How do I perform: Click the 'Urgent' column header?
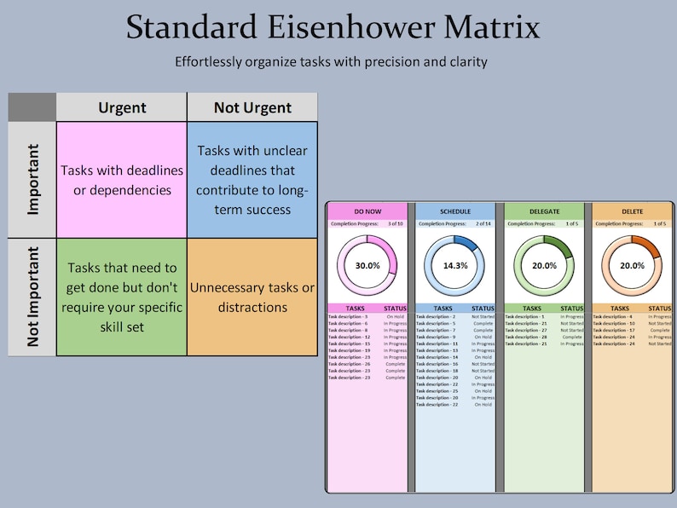122,107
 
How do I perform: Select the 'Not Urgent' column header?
252,107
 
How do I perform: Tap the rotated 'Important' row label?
32,180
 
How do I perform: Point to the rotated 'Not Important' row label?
32,297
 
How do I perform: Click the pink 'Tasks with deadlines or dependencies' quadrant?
122,180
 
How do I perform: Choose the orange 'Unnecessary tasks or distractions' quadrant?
252,297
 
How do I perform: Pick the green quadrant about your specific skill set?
122,297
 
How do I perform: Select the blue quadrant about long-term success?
252,180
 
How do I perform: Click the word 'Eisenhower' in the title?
333,27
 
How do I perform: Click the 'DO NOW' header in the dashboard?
367,211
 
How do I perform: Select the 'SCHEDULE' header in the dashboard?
455,211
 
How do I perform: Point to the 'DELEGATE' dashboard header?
544,211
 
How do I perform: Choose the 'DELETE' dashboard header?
632,211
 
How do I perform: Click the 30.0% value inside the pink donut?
367,265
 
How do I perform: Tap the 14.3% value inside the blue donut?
455,265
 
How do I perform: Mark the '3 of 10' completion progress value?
394,224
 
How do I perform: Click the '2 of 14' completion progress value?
483,224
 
